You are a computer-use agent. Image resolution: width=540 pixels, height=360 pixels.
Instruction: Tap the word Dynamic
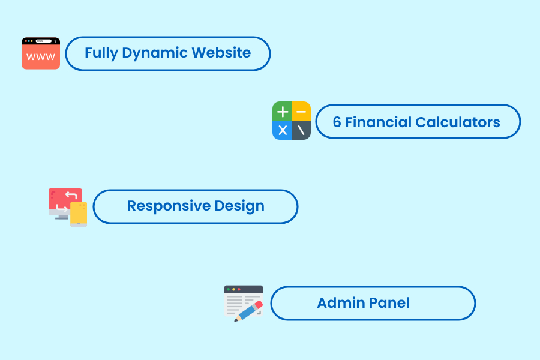click(x=155, y=53)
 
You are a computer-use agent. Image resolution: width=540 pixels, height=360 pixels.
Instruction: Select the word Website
click(x=221, y=53)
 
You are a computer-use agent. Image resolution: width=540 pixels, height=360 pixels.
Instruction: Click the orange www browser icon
click(x=41, y=53)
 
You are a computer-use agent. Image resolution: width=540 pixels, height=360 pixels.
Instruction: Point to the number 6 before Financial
click(x=337, y=122)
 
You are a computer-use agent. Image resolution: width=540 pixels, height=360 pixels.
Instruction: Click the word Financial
click(x=378, y=122)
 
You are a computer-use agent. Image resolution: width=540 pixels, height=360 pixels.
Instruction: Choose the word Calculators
click(x=458, y=122)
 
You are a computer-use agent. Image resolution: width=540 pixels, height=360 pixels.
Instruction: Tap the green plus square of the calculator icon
click(x=282, y=111)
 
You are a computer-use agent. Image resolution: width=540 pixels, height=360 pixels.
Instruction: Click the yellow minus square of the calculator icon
click(x=301, y=111)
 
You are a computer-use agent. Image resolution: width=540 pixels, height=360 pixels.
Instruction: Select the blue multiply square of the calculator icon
click(x=282, y=130)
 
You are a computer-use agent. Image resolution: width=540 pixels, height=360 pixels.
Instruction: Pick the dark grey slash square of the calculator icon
click(x=301, y=130)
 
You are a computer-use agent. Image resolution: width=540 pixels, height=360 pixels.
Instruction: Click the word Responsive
click(x=169, y=206)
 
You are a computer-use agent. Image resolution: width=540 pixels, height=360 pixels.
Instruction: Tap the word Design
click(x=239, y=206)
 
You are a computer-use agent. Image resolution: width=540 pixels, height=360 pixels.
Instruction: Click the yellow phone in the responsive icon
click(x=79, y=214)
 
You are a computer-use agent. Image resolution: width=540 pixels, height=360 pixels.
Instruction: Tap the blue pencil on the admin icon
click(x=248, y=311)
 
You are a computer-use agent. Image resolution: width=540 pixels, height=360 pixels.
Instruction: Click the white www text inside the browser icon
click(x=41, y=56)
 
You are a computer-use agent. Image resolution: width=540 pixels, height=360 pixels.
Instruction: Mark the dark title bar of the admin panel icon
click(x=244, y=289)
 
